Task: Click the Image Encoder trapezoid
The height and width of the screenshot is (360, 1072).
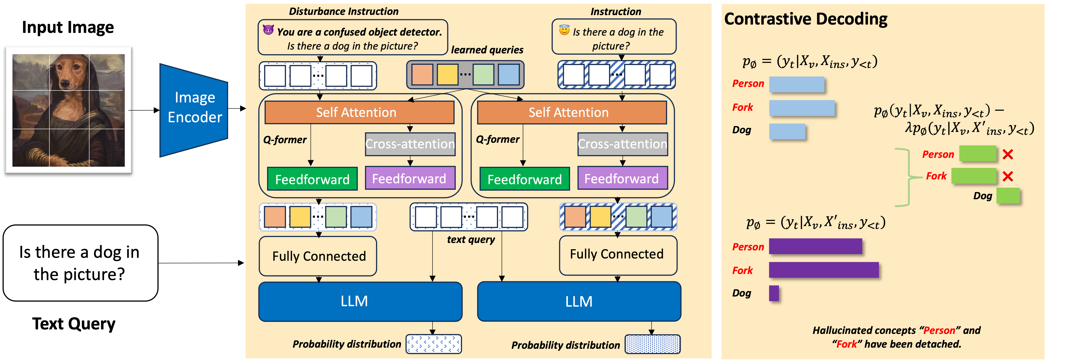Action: (x=194, y=110)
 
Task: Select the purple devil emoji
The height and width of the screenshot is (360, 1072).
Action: (x=268, y=30)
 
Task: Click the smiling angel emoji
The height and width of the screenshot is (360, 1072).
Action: (x=564, y=30)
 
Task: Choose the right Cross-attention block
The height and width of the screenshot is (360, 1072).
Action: (x=623, y=144)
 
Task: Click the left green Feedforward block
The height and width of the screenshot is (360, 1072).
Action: (x=312, y=179)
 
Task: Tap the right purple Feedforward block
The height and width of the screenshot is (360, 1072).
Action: (x=623, y=178)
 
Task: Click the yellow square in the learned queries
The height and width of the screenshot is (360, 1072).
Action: (x=447, y=75)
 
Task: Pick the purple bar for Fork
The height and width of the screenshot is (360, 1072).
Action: (x=824, y=270)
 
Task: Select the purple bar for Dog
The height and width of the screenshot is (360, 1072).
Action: (x=774, y=293)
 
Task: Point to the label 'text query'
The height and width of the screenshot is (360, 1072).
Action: (x=471, y=240)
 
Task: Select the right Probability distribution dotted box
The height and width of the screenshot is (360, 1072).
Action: (x=653, y=344)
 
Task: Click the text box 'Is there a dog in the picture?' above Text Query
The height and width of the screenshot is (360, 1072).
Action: (x=80, y=263)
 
